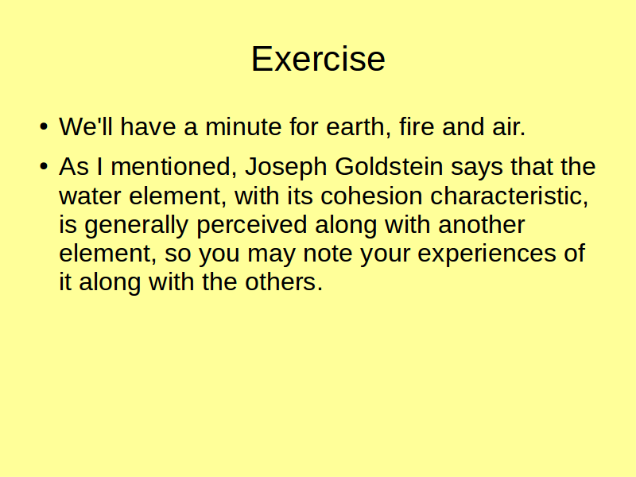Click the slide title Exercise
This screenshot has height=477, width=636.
pyautogui.click(x=318, y=59)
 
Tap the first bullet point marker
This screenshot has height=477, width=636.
pyautogui.click(x=44, y=126)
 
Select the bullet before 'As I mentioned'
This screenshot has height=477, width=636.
pyautogui.click(x=44, y=166)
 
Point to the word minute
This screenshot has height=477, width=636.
pyautogui.click(x=243, y=126)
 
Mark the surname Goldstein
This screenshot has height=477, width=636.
pyautogui.click(x=389, y=166)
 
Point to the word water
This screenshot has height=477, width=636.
pyautogui.click(x=90, y=196)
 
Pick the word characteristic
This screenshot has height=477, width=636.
pyautogui.click(x=509, y=196)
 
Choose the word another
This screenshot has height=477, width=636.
pyautogui.click(x=482, y=224)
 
